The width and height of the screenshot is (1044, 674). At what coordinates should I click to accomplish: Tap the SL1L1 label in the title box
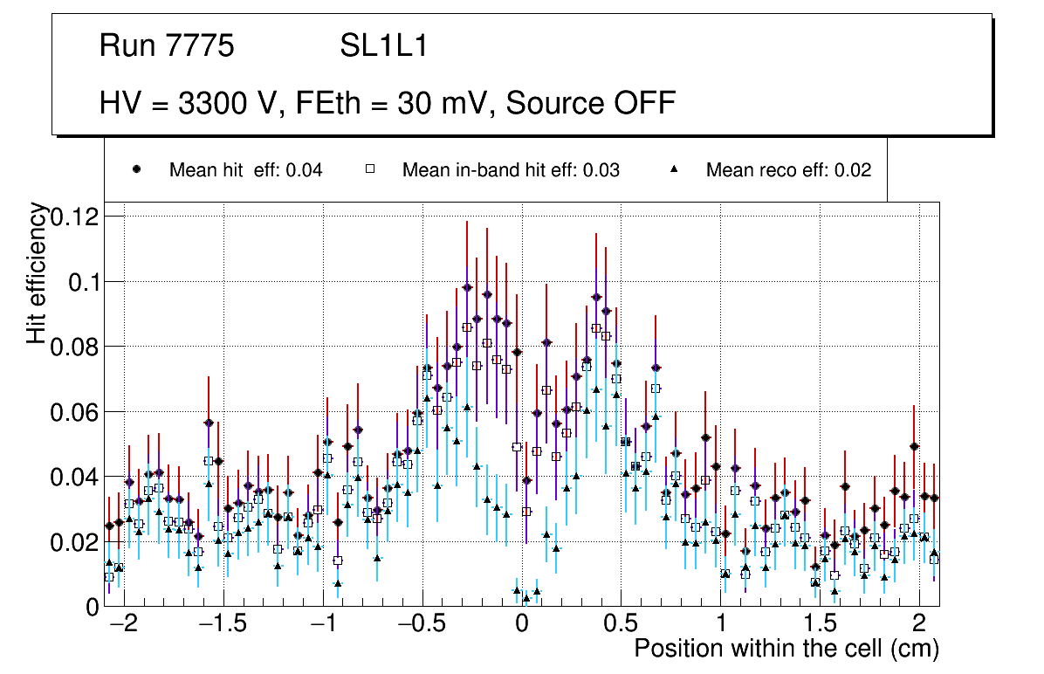click(x=384, y=46)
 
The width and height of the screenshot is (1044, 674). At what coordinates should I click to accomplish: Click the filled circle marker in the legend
click(x=136, y=170)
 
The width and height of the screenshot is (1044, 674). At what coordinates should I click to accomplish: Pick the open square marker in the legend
click(x=370, y=170)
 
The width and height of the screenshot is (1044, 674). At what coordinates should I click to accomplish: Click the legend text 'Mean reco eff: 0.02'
click(x=788, y=170)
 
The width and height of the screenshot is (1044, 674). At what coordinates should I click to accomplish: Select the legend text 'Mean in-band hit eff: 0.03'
click(x=511, y=170)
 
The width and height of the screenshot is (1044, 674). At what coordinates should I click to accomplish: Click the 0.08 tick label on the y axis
click(x=74, y=347)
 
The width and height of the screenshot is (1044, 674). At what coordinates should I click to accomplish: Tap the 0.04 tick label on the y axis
click(x=74, y=477)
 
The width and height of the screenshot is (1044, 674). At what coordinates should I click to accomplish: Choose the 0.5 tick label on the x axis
click(x=621, y=625)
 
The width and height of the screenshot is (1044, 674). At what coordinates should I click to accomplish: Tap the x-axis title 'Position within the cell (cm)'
click(x=786, y=649)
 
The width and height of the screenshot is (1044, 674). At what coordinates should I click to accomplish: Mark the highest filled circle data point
click(x=467, y=287)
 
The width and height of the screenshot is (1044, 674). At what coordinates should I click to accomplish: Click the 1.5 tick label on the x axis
click(x=820, y=625)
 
